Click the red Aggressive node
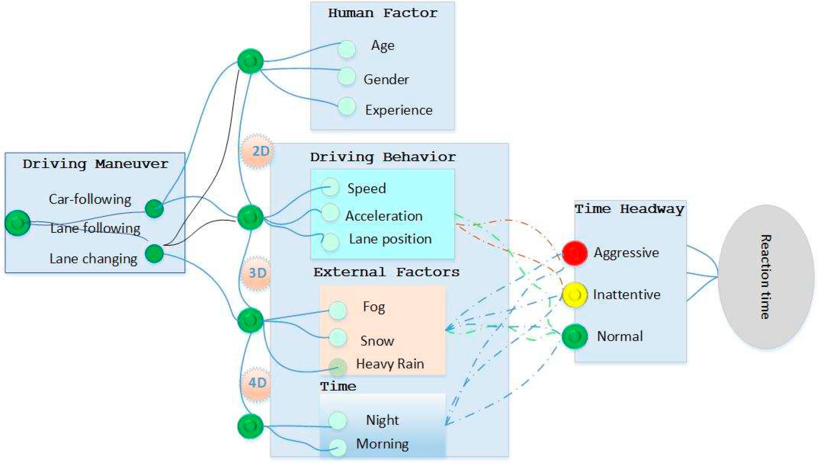(x=575, y=253)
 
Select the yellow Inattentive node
(x=575, y=294)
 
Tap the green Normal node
(x=575, y=336)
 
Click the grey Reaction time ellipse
(x=766, y=277)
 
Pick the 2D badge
(x=257, y=151)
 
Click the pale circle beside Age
(x=346, y=49)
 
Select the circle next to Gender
(x=346, y=76)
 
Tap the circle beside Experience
(x=346, y=106)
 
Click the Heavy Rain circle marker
(x=338, y=367)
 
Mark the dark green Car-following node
(x=154, y=208)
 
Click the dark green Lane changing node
(x=154, y=253)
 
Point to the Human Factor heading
(x=383, y=13)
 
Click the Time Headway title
(x=630, y=209)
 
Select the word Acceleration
(x=384, y=216)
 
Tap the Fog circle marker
(x=338, y=310)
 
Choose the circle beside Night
(x=338, y=420)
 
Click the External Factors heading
(x=386, y=272)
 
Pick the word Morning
(x=382, y=444)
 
